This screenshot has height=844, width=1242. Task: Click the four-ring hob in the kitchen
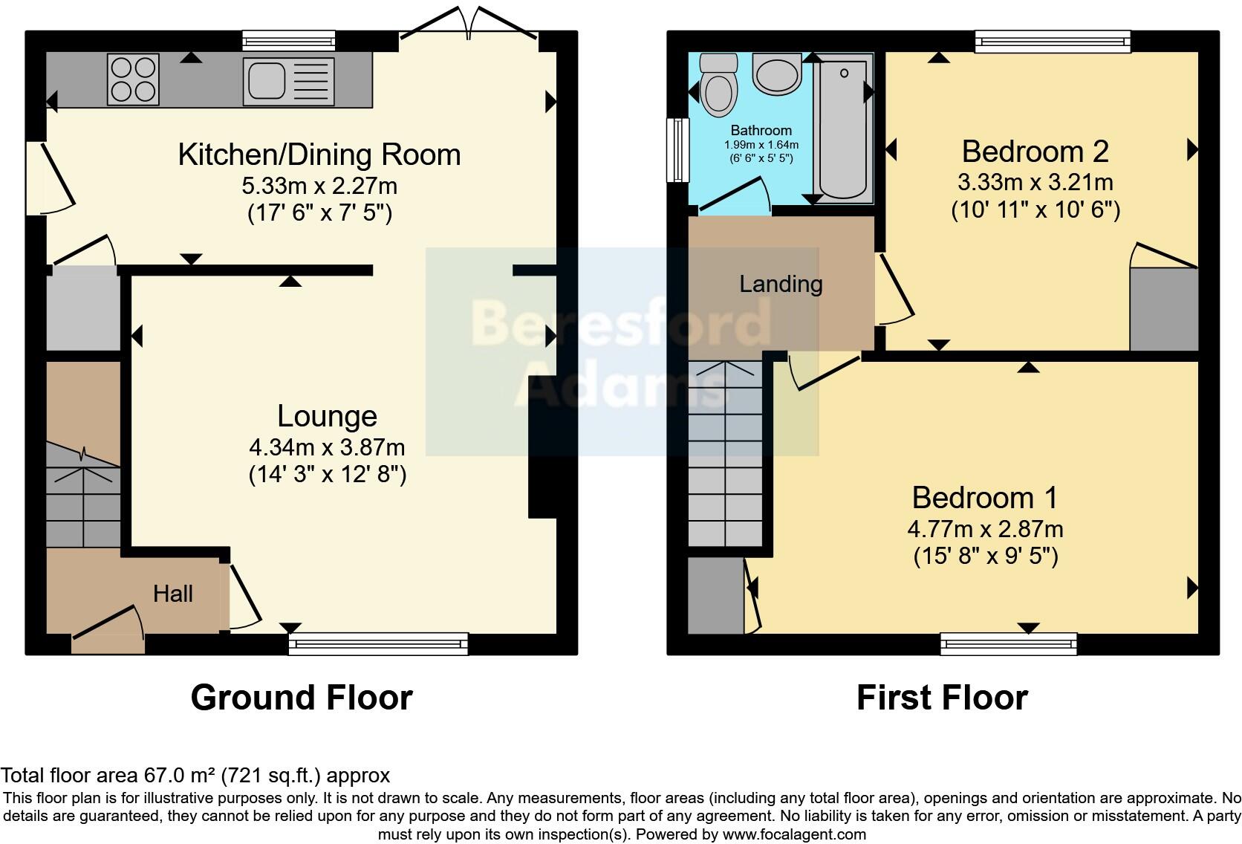tap(134, 79)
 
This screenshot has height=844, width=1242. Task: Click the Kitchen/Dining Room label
tap(319, 155)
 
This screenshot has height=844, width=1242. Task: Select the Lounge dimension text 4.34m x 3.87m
tap(327, 447)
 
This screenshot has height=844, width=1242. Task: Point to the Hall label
tap(173, 593)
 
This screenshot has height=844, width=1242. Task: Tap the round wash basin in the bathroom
tap(776, 73)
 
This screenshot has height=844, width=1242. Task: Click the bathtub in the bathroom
tap(843, 130)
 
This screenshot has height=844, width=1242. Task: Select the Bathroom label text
tap(761, 130)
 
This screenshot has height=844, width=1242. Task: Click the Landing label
tap(781, 284)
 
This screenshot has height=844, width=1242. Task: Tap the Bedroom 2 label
tap(1035, 152)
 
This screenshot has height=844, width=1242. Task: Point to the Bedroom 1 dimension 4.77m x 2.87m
tap(985, 529)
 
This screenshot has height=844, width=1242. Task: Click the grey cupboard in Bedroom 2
tap(1163, 308)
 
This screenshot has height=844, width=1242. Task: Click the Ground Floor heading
tap(302, 698)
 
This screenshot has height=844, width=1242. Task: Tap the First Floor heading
tap(942, 698)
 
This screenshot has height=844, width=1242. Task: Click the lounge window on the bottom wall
tap(378, 643)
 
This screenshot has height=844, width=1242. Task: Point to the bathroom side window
tap(677, 149)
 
